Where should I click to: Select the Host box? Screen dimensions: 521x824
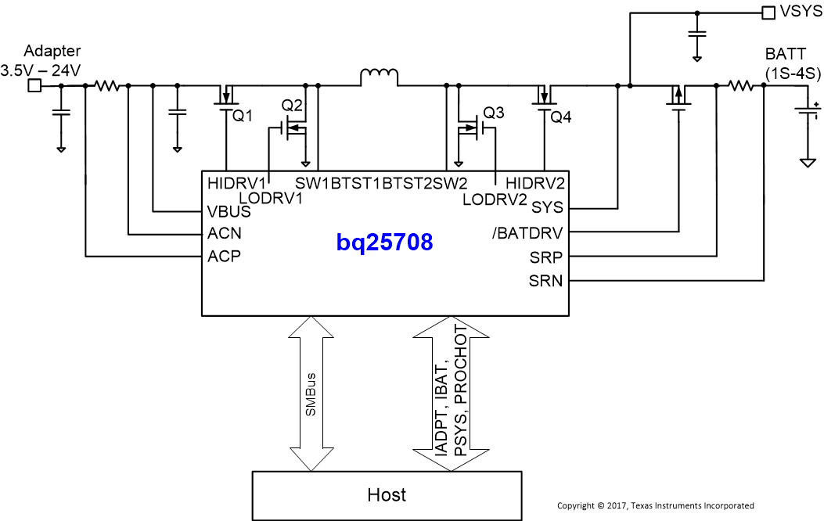coord(387,494)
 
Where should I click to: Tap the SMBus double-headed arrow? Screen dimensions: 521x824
coord(311,393)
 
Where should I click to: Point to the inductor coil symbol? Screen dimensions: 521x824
coord(379,77)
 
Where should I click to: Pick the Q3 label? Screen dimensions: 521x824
coord(494,112)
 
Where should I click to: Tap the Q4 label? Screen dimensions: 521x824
coord(560,117)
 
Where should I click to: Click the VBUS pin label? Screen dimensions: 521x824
coord(228,211)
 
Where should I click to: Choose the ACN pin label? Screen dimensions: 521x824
coord(225,233)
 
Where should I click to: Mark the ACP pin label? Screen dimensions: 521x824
coord(225,256)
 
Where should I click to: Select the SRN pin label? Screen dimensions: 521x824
coord(545,280)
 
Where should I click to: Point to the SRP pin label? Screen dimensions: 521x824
coord(545,257)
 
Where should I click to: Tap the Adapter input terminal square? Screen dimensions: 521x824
coord(34,85)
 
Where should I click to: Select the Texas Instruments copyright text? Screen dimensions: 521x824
coord(655,506)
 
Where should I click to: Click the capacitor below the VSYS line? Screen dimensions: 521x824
coord(696,34)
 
